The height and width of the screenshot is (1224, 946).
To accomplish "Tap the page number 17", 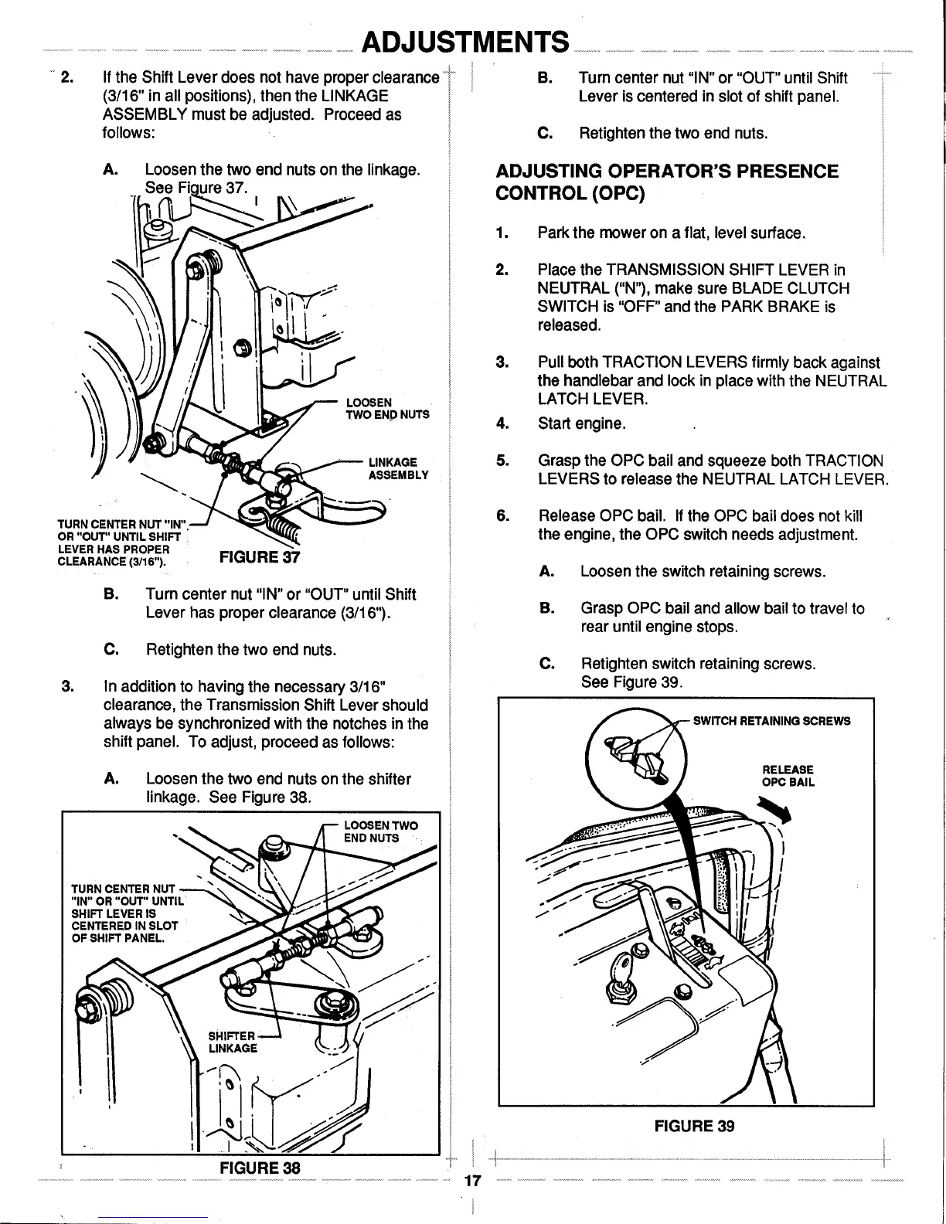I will pyautogui.click(x=473, y=1180).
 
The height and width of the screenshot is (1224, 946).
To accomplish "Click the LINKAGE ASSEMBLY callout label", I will pyautogui.click(x=397, y=468).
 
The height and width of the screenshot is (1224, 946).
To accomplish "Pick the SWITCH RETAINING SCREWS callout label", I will pyautogui.click(x=771, y=721).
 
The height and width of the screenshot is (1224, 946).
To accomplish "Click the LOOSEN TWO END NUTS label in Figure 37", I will pyautogui.click(x=386, y=407).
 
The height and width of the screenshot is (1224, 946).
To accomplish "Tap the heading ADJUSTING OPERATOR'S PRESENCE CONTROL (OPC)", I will pyautogui.click(x=666, y=181).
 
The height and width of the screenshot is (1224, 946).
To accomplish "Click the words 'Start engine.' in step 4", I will pyautogui.click(x=581, y=423).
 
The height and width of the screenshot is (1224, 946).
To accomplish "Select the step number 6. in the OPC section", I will pyautogui.click(x=502, y=515).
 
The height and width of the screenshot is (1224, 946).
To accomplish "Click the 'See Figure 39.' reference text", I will pyautogui.click(x=633, y=683).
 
